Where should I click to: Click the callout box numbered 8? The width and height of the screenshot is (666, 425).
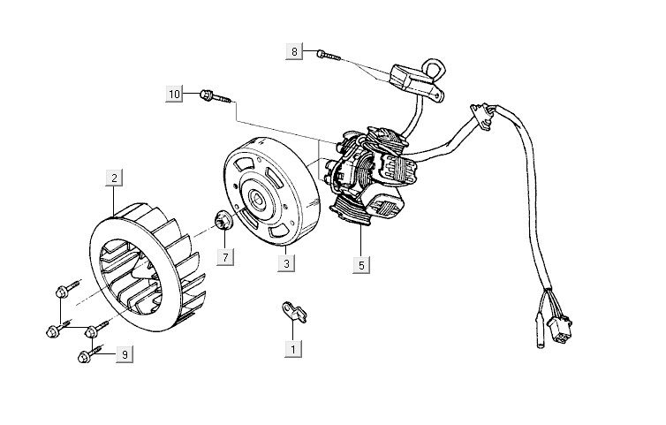(295, 52)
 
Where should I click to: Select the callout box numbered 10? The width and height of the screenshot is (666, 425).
(174, 92)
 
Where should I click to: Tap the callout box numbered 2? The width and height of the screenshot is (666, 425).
(114, 177)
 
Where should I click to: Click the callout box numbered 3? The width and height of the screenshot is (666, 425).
(286, 262)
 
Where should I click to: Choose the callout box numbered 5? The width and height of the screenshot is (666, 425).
(361, 262)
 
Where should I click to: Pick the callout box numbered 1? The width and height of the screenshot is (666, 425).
(291, 349)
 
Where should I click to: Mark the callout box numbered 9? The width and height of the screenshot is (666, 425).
(125, 354)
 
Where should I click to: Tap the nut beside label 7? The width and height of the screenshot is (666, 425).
(223, 220)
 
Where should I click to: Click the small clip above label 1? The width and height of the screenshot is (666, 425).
(293, 309)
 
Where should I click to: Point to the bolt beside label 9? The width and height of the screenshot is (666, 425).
(87, 356)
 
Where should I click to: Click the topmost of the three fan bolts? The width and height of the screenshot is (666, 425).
(63, 289)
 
